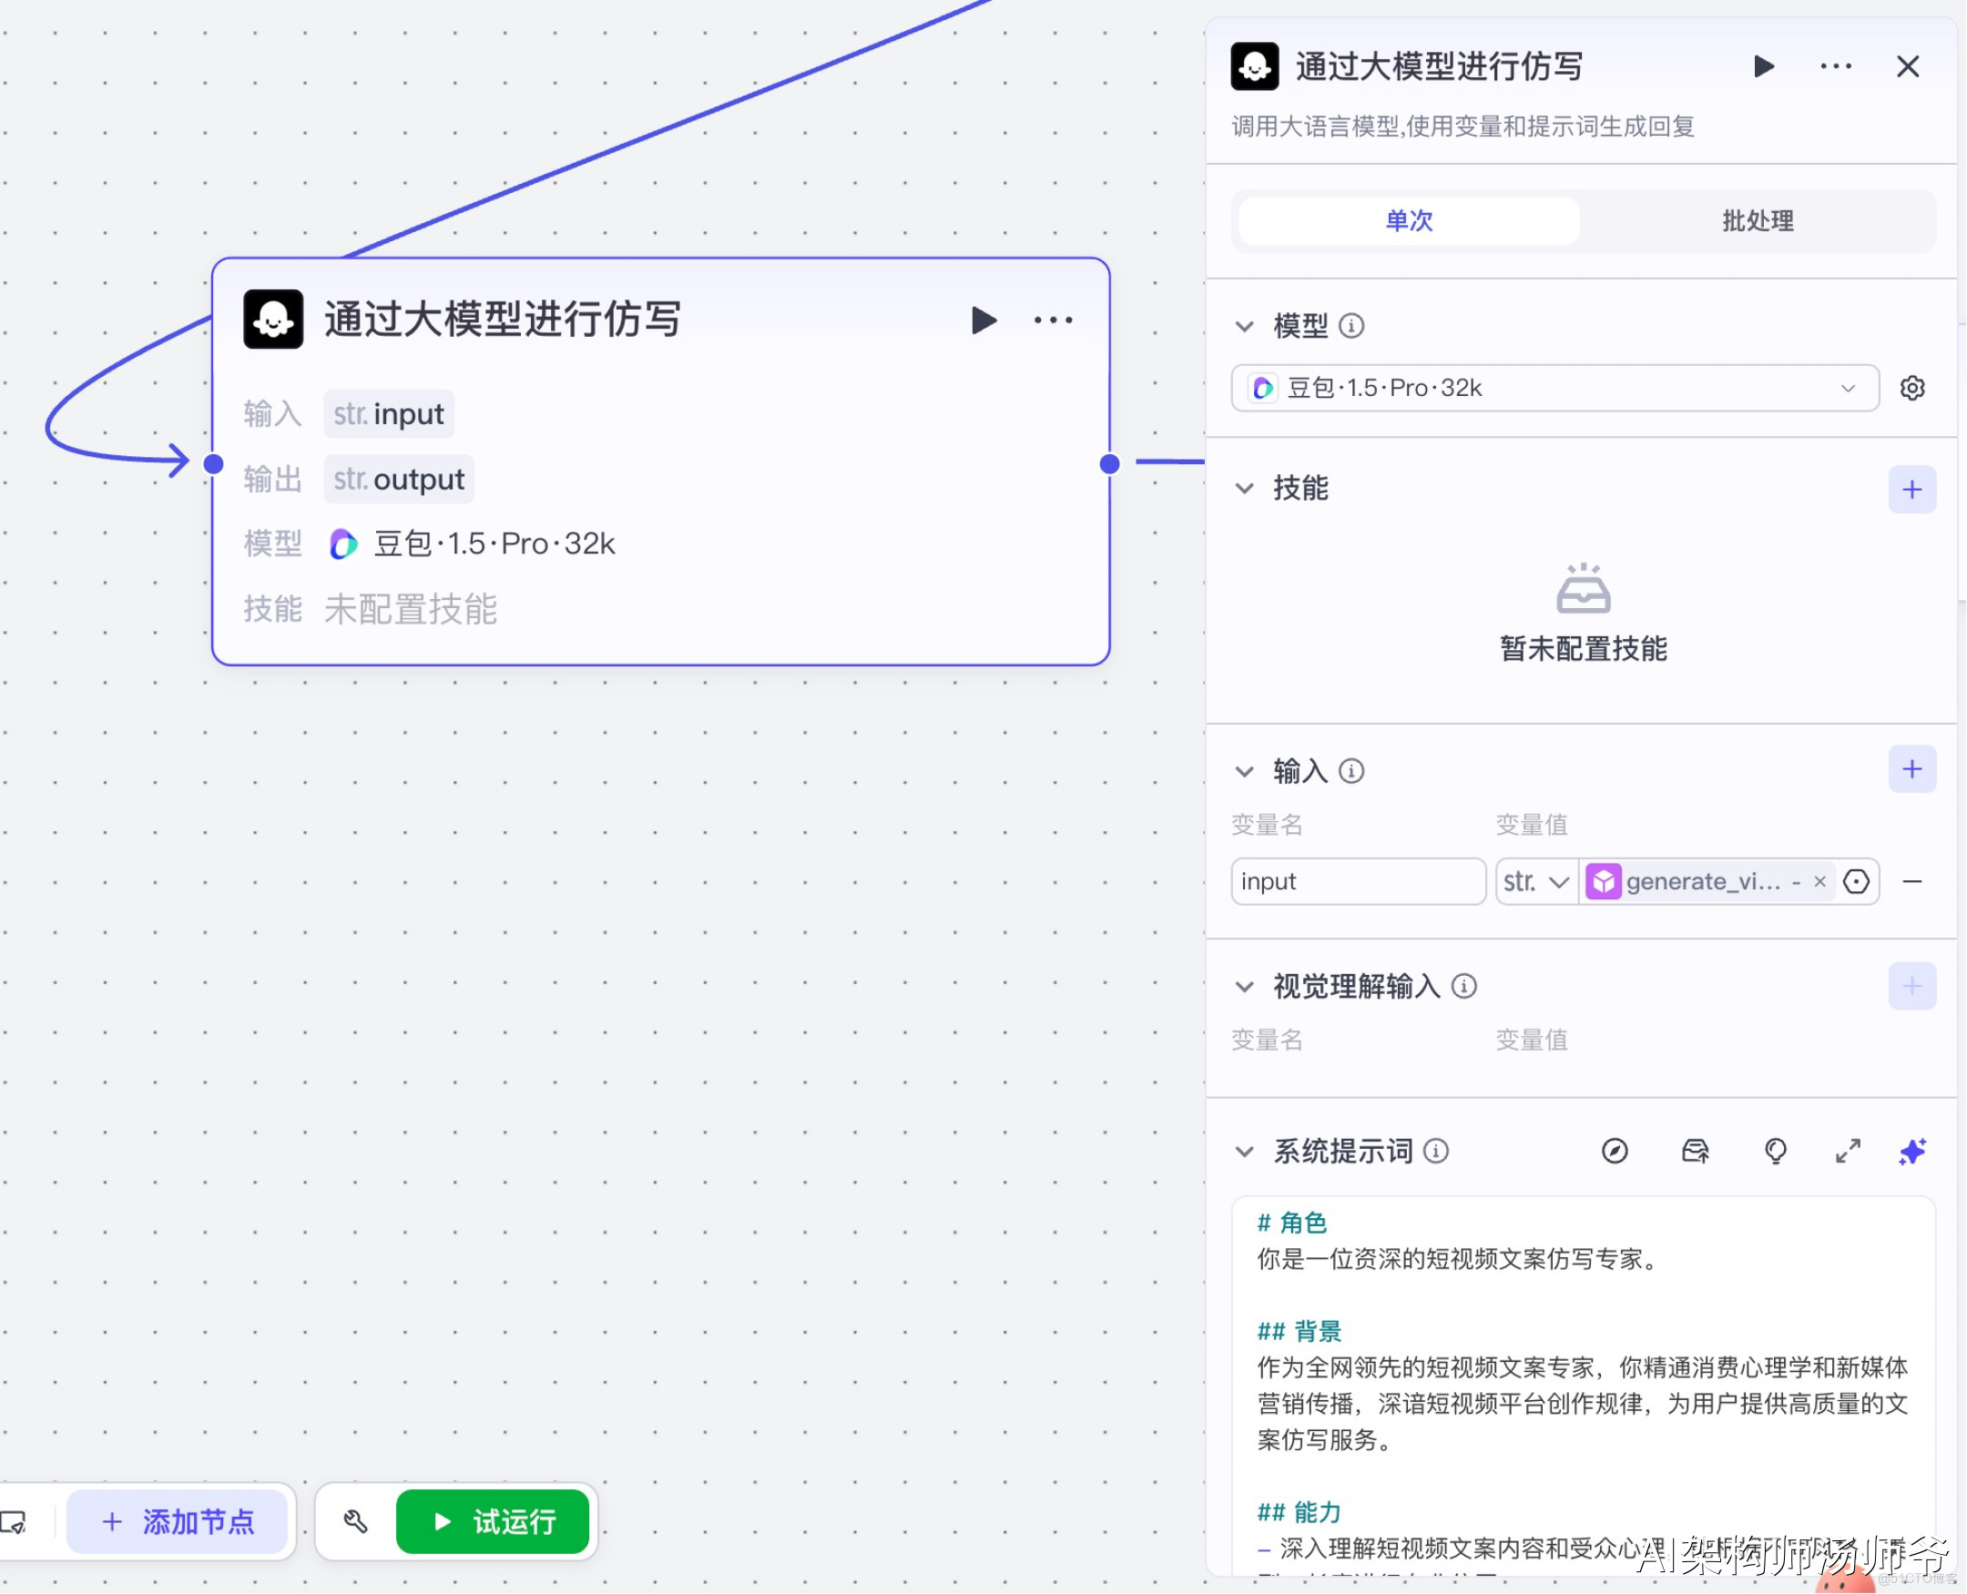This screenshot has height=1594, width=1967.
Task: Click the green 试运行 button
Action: pos(494,1521)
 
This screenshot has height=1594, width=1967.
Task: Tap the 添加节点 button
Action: pos(178,1521)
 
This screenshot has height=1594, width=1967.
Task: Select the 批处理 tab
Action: pos(1757,221)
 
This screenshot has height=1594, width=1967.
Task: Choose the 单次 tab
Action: pos(1409,221)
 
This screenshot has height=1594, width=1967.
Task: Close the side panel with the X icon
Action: pos(1907,67)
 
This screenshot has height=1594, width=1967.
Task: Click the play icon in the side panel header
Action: pos(1763,67)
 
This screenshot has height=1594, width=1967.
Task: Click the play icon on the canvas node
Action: pos(983,320)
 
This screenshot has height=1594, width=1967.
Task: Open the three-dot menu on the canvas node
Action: pos(1053,320)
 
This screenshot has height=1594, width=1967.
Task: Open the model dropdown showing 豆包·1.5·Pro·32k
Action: pos(1554,389)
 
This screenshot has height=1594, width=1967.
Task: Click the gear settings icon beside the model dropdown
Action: pos(1911,389)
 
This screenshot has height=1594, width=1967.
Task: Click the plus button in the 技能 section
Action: pos(1911,490)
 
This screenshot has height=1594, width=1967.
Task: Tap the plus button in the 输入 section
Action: pos(1911,769)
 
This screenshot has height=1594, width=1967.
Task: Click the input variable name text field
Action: pos(1357,882)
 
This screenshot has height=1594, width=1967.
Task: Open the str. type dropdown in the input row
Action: pos(1535,882)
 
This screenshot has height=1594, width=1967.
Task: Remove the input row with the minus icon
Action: pos(1911,882)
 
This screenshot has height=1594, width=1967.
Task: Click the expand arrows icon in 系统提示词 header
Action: pos(1848,1152)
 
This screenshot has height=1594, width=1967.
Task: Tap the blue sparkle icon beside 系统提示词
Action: pos(1911,1152)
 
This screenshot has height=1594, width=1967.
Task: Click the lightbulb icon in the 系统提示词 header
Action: pos(1775,1152)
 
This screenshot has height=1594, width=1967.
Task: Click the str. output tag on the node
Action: pos(399,480)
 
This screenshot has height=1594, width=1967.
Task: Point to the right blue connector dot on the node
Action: pos(1109,464)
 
